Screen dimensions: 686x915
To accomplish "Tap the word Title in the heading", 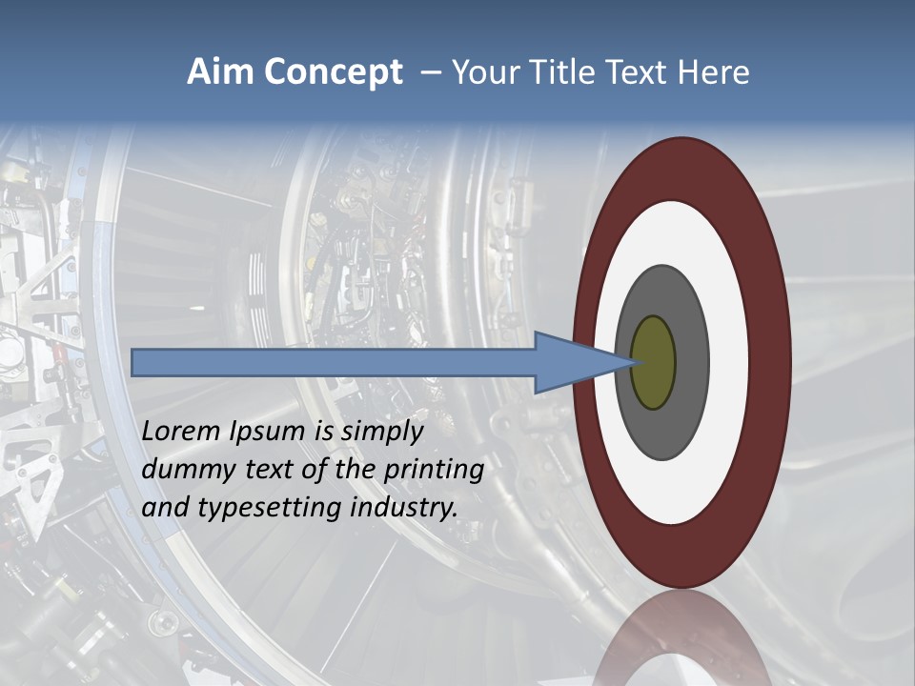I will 554,72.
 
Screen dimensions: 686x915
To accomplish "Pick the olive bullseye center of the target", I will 653,363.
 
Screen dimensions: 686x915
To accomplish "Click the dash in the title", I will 430,72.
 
